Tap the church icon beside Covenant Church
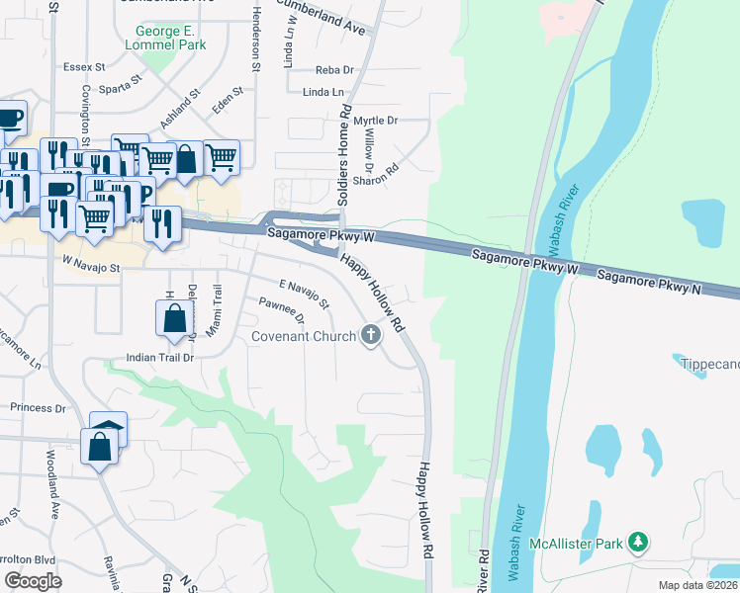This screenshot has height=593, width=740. pyautogui.click(x=371, y=336)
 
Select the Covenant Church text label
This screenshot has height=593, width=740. pyautogui.click(x=303, y=337)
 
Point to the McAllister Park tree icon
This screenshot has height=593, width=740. pyautogui.click(x=640, y=542)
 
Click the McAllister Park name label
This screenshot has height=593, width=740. pyautogui.click(x=573, y=543)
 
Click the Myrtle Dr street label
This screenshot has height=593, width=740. pyautogui.click(x=375, y=120)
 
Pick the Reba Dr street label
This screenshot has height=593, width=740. pyautogui.click(x=334, y=70)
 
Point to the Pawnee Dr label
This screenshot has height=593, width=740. pyautogui.click(x=281, y=311)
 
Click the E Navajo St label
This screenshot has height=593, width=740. pyautogui.click(x=304, y=294)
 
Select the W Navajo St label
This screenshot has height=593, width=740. pyautogui.click(x=91, y=267)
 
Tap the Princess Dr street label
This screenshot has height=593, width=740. pyautogui.click(x=38, y=407)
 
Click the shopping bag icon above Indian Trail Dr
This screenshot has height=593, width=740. pyautogui.click(x=174, y=318)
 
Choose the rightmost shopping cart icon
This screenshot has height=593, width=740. pyautogui.click(x=221, y=156)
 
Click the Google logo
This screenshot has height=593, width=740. pyautogui.click(x=33, y=581)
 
